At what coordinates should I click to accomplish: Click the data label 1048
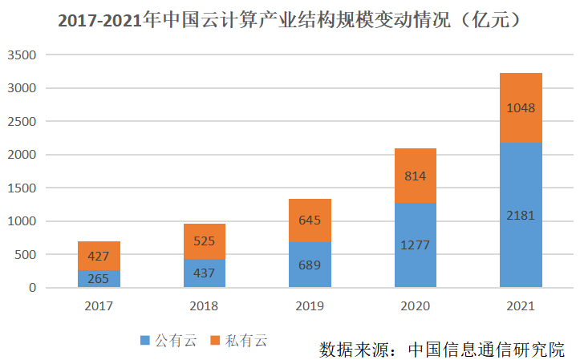point(521,108)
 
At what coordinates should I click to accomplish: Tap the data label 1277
point(416,245)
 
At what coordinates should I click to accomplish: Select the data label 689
point(310,264)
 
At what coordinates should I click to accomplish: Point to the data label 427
point(99,257)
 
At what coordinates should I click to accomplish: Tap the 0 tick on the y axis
point(33,288)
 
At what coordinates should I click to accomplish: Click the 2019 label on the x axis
point(310,306)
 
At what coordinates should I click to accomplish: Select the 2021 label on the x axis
point(521,306)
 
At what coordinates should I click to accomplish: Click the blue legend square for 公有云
point(144,341)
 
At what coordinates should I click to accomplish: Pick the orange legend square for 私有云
point(214,341)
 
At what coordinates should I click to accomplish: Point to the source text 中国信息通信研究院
point(486,350)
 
